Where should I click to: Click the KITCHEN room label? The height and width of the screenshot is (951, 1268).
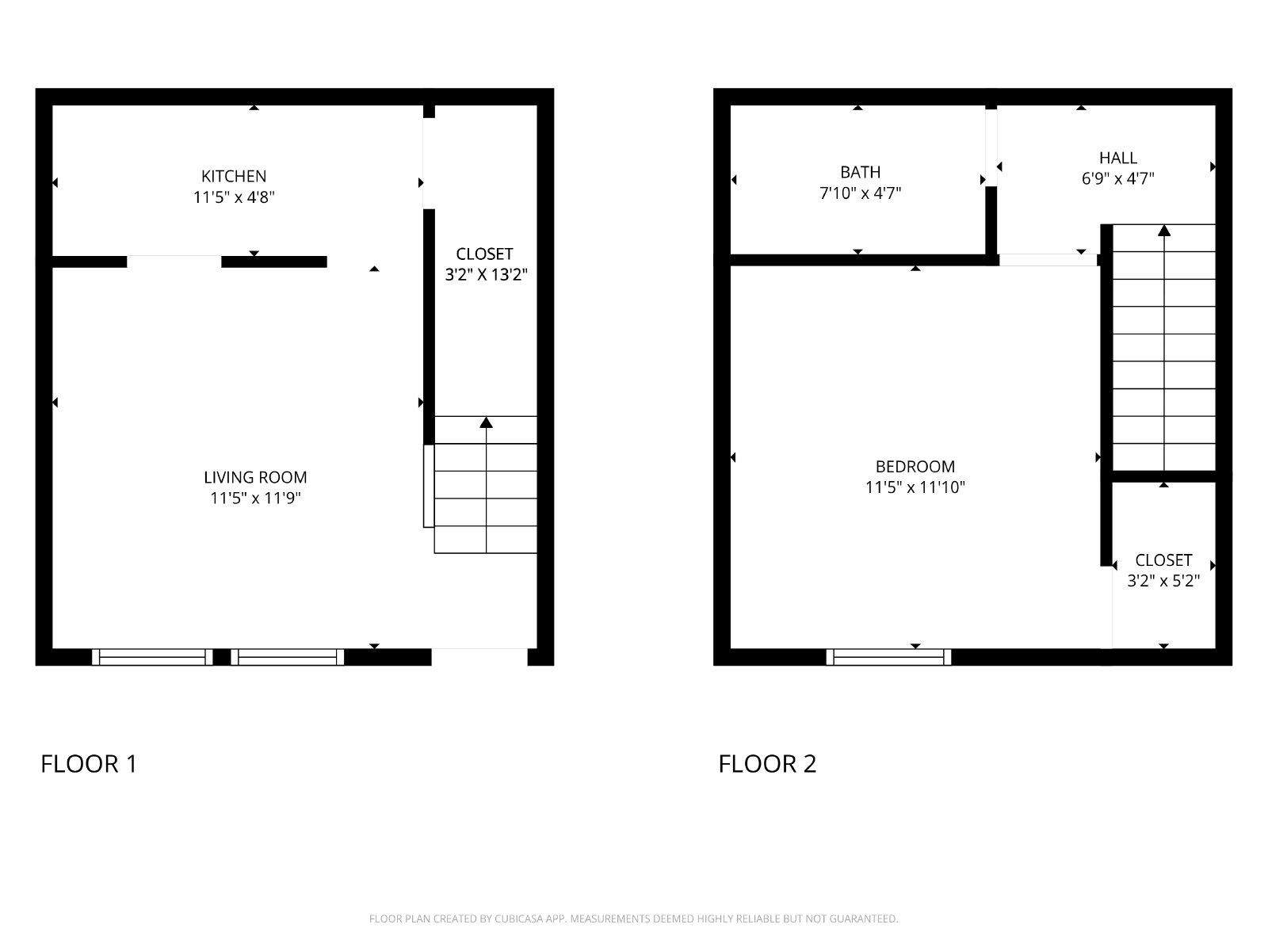(x=233, y=176)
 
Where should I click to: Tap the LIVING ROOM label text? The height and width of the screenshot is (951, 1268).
(x=255, y=478)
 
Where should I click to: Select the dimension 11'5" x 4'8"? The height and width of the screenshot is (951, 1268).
(x=233, y=197)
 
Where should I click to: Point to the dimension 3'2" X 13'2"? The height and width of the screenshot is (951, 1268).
(x=486, y=275)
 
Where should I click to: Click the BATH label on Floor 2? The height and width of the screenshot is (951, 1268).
(x=860, y=172)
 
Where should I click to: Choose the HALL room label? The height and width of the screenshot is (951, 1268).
(x=1117, y=158)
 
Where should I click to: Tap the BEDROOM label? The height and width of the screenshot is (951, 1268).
(x=915, y=467)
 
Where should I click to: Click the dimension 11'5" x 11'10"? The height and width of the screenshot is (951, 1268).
(x=915, y=487)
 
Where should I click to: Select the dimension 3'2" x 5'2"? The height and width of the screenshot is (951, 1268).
(x=1163, y=581)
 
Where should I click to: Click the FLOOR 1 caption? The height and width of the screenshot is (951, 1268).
(x=89, y=764)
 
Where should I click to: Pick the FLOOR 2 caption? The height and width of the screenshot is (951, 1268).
(x=767, y=764)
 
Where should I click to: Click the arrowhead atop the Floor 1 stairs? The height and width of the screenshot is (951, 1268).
(x=486, y=422)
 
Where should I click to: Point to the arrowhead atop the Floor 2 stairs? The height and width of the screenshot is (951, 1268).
(x=1164, y=231)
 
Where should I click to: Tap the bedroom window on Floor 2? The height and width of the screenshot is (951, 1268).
(x=888, y=657)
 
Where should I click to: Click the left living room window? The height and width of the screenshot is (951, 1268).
(x=152, y=657)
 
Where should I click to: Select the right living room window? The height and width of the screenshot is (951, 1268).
(x=287, y=657)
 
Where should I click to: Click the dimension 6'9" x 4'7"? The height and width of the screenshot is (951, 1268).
(x=1117, y=179)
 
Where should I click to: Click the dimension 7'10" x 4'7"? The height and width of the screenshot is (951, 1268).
(x=860, y=193)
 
